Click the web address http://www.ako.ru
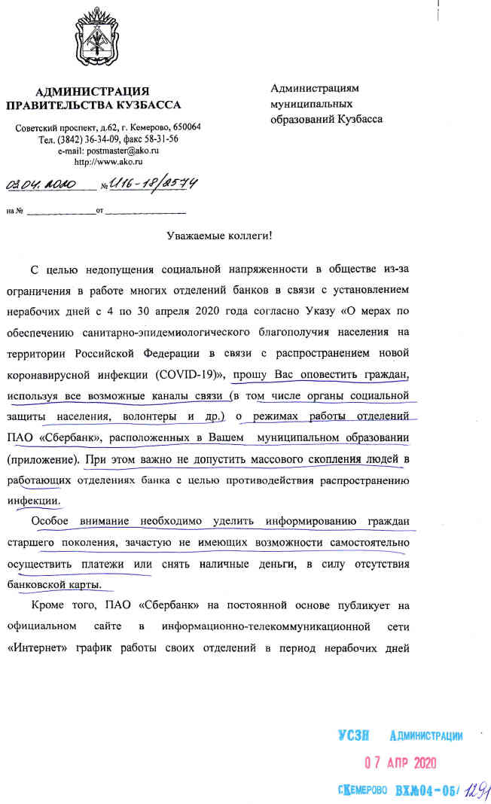point(108,161)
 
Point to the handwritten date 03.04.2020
point(47,183)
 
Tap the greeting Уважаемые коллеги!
point(219,236)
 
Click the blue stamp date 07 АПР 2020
point(401,762)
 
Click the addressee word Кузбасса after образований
point(358,119)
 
